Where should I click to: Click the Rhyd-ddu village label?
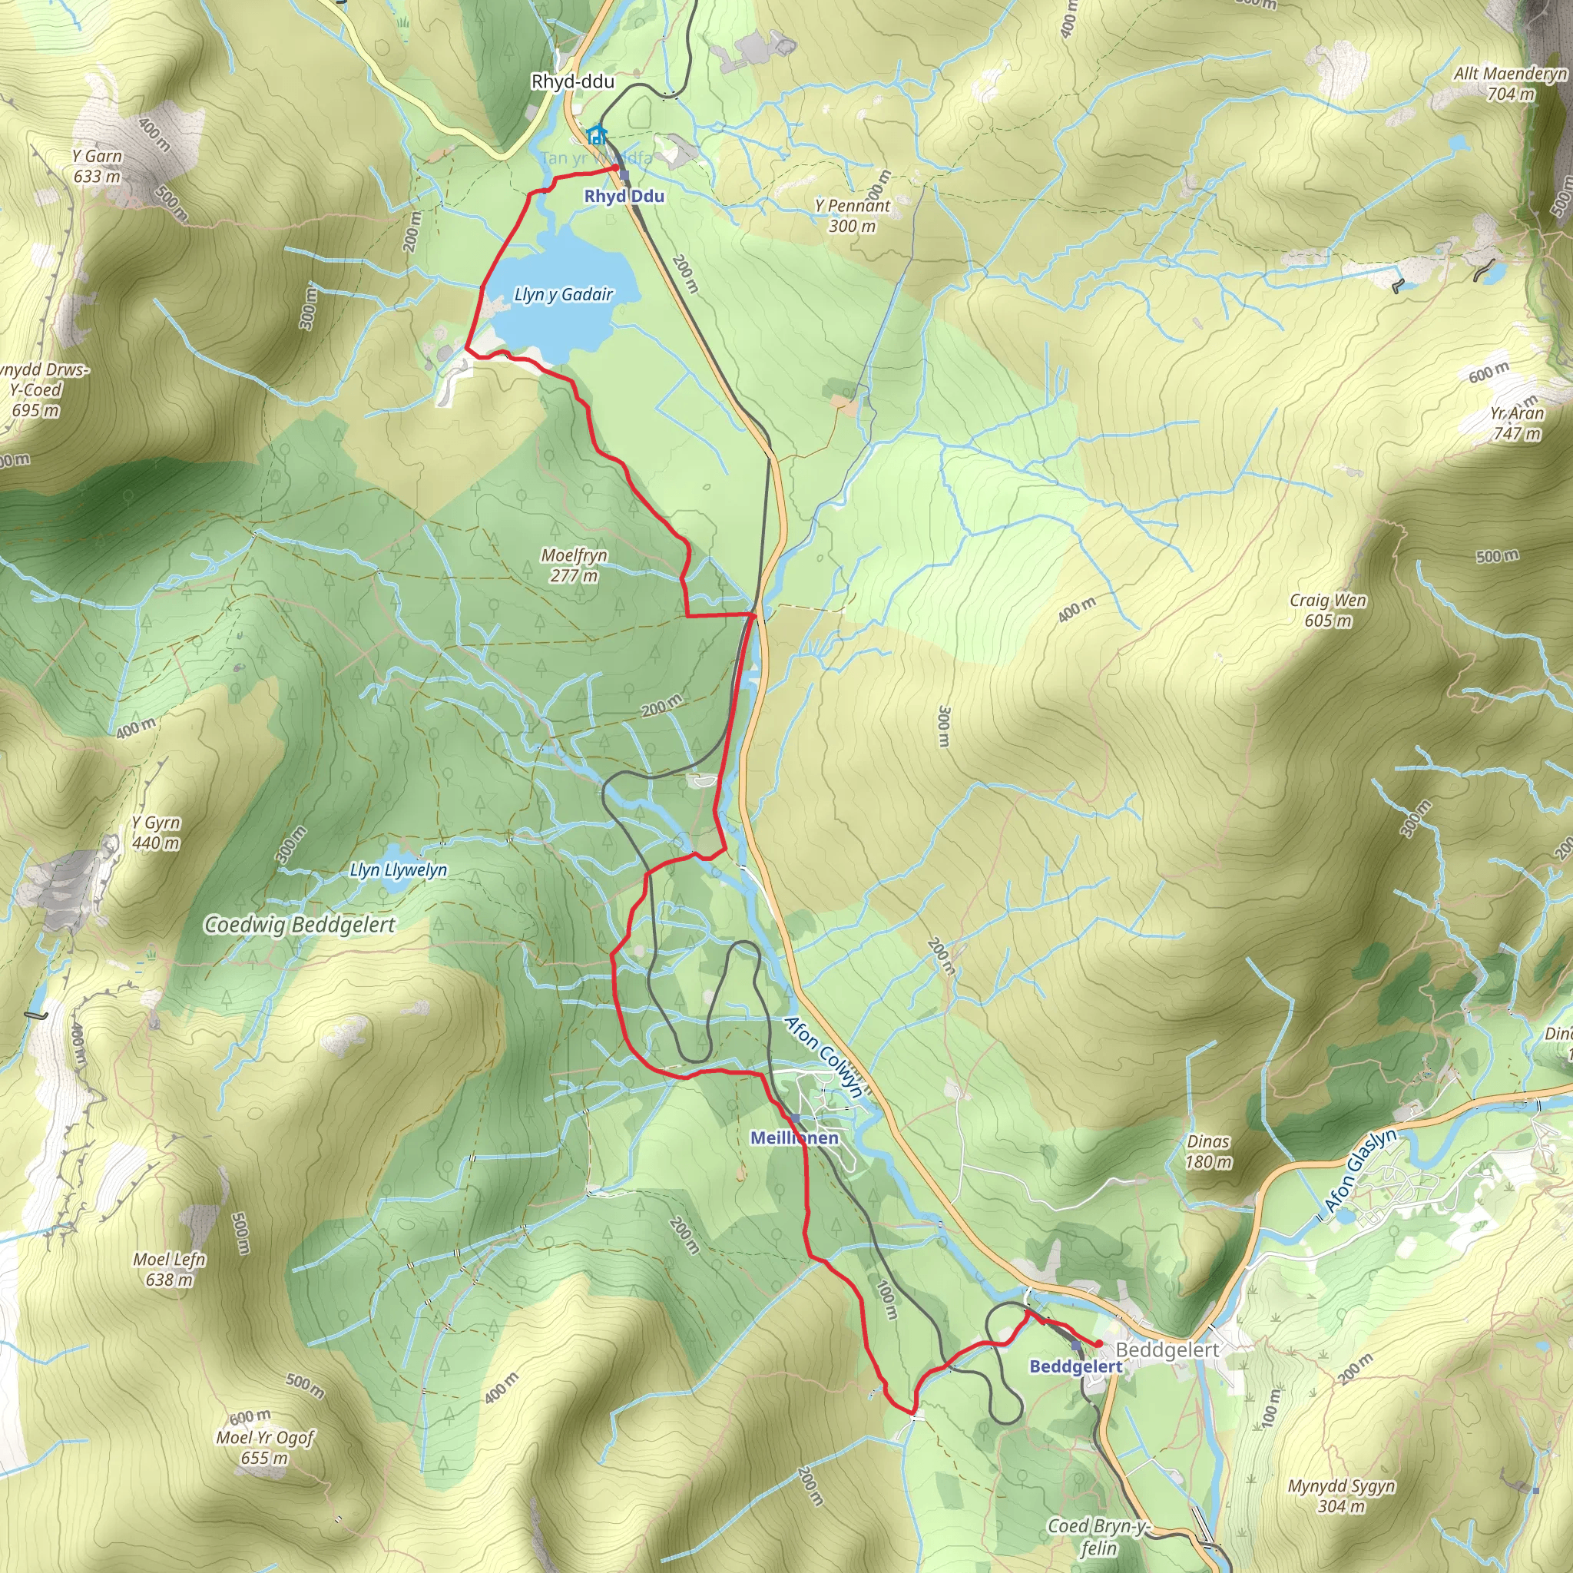pyautogui.click(x=572, y=81)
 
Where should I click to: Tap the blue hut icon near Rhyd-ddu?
pyautogui.click(x=597, y=134)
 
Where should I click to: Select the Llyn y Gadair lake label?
pyautogui.click(x=564, y=295)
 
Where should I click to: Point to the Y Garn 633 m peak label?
pyautogui.click(x=97, y=166)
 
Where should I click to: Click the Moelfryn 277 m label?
pyautogui.click(x=574, y=565)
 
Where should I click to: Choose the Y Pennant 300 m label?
pyautogui.click(x=853, y=216)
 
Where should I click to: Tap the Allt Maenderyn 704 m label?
pyautogui.click(x=1510, y=83)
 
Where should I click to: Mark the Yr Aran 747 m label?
pyautogui.click(x=1517, y=422)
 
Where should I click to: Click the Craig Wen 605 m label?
pyautogui.click(x=1328, y=610)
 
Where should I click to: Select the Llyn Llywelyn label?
pyautogui.click(x=398, y=869)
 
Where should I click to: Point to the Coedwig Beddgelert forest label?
pyautogui.click(x=300, y=925)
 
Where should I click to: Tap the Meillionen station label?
pyautogui.click(x=794, y=1138)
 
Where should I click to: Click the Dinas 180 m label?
pyautogui.click(x=1208, y=1151)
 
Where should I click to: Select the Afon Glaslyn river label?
pyautogui.click(x=1360, y=1171)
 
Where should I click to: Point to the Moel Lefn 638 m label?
pyautogui.click(x=169, y=1269)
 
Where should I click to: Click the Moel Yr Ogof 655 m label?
pyautogui.click(x=265, y=1447)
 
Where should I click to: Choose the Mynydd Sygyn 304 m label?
pyautogui.click(x=1341, y=1495)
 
